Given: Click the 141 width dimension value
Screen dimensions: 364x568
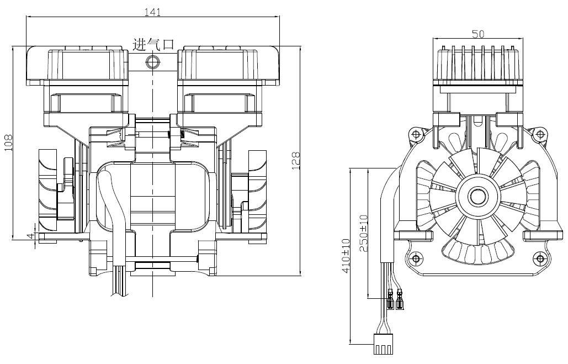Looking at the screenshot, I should (x=152, y=12).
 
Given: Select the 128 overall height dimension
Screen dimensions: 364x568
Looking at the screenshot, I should (x=296, y=160).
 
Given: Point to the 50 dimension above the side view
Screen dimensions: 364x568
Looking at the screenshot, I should (x=479, y=34).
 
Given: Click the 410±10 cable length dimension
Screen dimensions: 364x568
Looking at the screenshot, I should (x=346, y=256).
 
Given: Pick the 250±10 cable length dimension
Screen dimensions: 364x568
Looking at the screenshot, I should (x=364, y=233).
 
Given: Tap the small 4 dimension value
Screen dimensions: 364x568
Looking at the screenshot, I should (x=31, y=235).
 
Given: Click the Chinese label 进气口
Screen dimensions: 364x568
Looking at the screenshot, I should (x=153, y=45).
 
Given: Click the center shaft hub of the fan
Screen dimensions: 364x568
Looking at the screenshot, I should (x=476, y=196).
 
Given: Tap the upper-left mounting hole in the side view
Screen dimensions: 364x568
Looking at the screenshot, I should (x=415, y=134).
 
